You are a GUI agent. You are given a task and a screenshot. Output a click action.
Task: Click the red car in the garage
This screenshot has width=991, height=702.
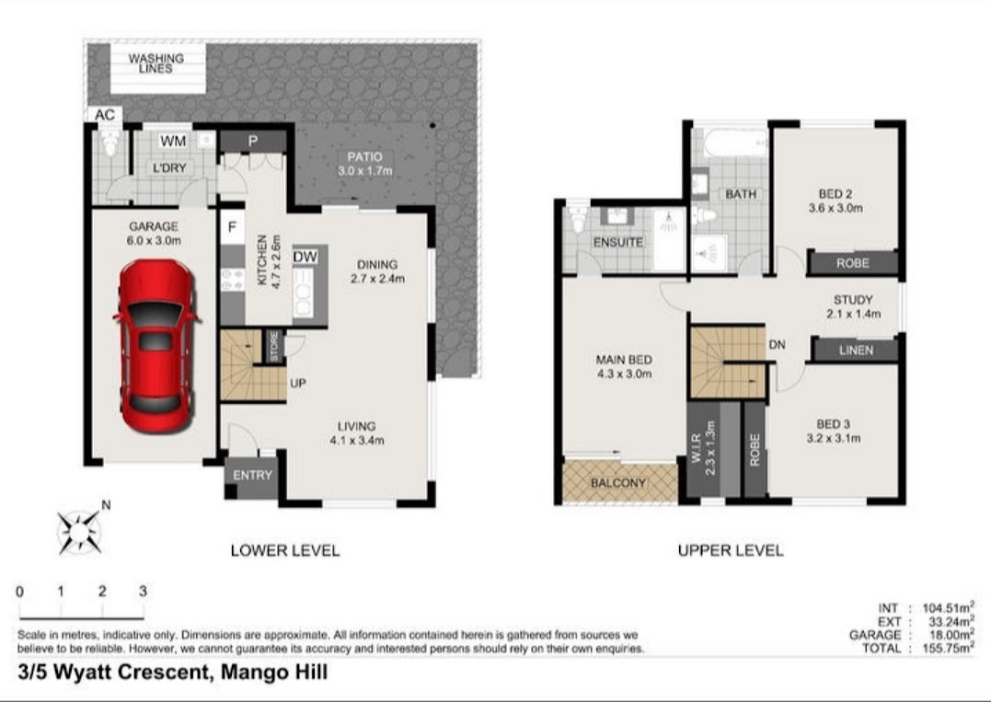click(156, 346)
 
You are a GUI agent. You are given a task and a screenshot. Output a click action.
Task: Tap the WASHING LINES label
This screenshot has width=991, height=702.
click(156, 63)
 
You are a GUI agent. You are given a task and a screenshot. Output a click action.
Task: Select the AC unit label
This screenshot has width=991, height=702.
click(105, 114)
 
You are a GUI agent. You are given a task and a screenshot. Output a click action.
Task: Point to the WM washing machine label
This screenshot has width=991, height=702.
click(173, 141)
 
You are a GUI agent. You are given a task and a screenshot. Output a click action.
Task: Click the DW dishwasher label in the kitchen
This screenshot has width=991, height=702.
click(305, 257)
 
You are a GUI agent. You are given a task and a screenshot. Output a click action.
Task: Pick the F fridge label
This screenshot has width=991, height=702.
click(232, 227)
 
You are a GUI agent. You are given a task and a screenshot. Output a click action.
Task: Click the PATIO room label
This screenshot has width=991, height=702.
click(364, 156)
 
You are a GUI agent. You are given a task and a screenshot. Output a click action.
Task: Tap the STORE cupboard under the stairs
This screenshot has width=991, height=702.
click(274, 346)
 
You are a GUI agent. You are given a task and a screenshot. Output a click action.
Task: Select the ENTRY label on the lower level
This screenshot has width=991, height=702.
click(252, 475)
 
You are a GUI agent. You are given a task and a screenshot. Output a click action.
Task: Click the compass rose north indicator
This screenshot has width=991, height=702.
click(80, 530)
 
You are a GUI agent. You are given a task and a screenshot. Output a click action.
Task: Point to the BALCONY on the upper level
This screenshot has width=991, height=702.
click(618, 483)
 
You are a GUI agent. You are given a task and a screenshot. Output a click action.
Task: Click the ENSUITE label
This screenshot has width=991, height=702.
click(618, 242)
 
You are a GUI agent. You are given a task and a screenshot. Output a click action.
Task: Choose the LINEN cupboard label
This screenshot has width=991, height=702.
click(857, 350)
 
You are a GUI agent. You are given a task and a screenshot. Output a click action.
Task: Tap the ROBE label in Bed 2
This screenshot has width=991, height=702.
click(853, 263)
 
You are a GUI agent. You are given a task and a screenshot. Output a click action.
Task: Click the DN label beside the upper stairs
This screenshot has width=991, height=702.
click(777, 344)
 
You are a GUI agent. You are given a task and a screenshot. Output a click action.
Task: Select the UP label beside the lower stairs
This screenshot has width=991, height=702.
click(298, 383)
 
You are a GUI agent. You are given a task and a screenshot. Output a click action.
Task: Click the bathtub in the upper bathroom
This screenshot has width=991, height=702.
click(735, 144)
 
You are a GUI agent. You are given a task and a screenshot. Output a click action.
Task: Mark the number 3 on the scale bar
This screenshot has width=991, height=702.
click(143, 592)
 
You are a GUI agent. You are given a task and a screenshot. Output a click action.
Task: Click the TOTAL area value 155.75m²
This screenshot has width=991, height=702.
click(949, 649)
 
